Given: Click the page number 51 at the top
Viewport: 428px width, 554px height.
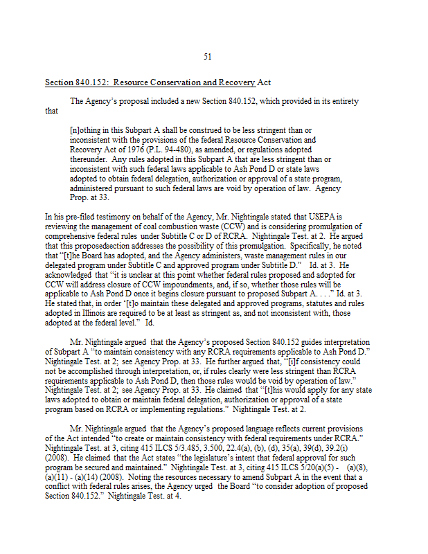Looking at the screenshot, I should click(x=208, y=57).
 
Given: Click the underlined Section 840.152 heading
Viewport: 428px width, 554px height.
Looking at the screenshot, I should click(x=158, y=82).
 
